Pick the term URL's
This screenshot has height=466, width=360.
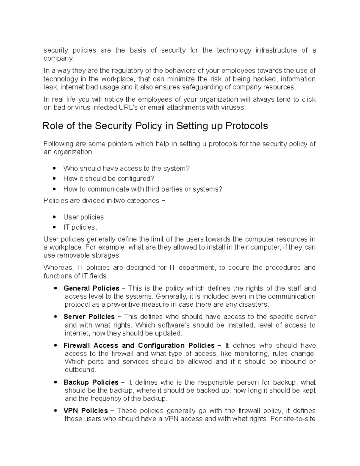pyautogui.click(x=127, y=107)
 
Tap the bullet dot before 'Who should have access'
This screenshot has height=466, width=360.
pyautogui.click(x=54, y=169)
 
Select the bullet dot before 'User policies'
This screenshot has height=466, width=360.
pyautogui.click(x=54, y=217)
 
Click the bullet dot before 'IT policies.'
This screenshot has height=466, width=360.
pyautogui.click(x=54, y=227)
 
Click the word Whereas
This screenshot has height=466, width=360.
pyautogui.click(x=58, y=268)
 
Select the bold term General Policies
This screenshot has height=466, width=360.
pyautogui.click(x=91, y=288)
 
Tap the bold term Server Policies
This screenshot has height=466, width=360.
pyautogui.click(x=89, y=317)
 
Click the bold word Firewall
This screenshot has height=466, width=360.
pyautogui.click(x=77, y=345)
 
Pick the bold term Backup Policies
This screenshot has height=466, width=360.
pyautogui.click(x=91, y=382)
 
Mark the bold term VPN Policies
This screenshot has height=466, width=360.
pyautogui.click(x=86, y=410)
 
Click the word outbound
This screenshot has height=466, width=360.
pyautogui.click(x=80, y=370)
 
